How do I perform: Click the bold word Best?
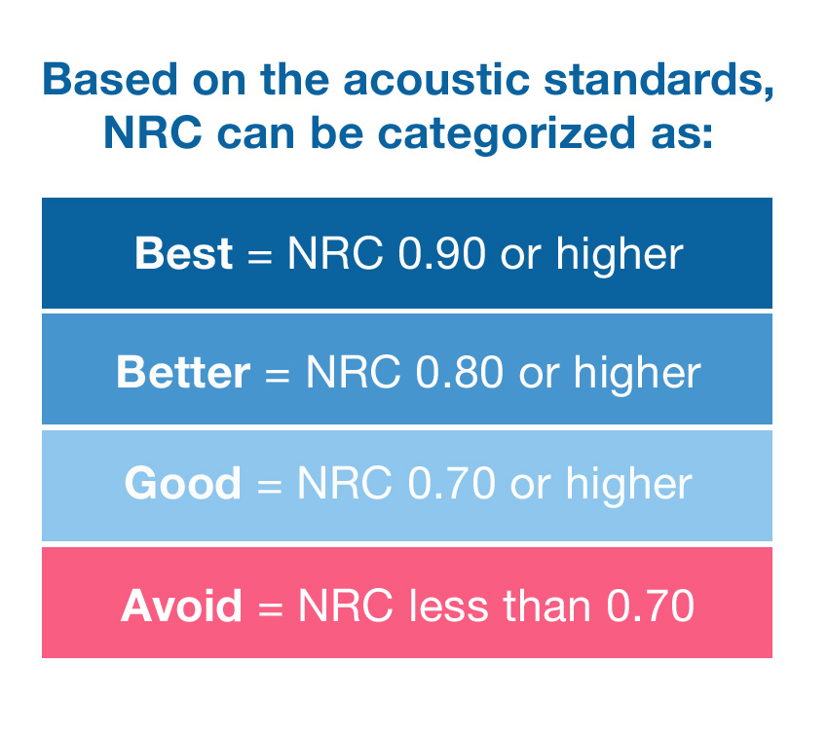(184, 253)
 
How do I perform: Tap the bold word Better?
(183, 372)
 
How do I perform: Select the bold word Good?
(183, 483)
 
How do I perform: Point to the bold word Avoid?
(181, 606)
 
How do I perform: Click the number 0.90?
(441, 253)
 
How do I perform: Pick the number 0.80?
(460, 372)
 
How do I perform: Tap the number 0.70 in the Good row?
(451, 483)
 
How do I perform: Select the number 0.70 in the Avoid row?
(650, 607)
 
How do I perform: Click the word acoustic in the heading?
(436, 79)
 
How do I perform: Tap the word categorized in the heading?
(507, 133)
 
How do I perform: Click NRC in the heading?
(153, 132)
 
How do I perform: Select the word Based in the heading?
(110, 79)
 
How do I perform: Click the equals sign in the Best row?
(260, 258)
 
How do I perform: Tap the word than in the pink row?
(546, 606)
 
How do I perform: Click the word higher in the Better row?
(637, 374)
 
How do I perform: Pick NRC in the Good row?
(345, 483)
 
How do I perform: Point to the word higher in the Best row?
(620, 255)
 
